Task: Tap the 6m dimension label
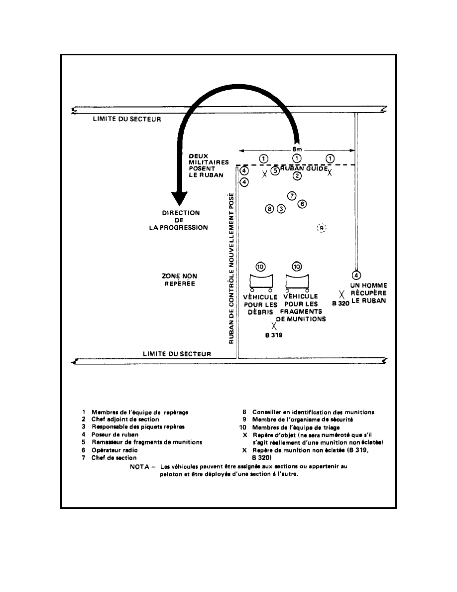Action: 297,149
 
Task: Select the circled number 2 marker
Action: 297,175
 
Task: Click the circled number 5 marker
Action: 275,170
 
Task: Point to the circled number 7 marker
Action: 292,195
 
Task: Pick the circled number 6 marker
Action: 302,203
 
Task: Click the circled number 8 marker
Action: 270,209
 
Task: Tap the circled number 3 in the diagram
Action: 281,209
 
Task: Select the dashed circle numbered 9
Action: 322,228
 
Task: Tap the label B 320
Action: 341,303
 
